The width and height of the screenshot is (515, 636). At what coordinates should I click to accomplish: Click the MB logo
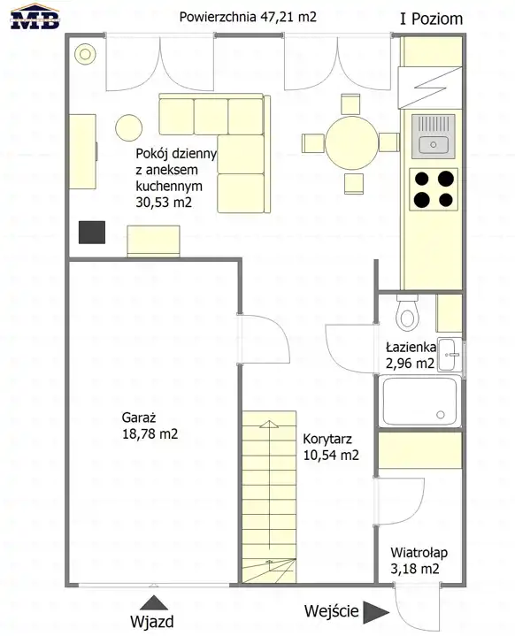coord(35,16)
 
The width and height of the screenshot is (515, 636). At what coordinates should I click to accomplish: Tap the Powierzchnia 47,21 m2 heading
coord(248,17)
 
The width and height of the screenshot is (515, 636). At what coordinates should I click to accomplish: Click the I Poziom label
coord(431,19)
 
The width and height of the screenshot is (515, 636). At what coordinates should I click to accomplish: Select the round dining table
coord(352,142)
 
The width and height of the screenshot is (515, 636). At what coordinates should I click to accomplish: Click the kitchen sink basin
coord(434,144)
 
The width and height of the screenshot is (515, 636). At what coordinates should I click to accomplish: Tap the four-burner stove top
coord(434,189)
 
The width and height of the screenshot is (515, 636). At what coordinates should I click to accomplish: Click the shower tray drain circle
coord(441,415)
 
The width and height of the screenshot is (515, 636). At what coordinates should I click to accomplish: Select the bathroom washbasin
coord(450,354)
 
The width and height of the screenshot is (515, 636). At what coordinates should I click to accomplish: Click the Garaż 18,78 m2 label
coord(150,425)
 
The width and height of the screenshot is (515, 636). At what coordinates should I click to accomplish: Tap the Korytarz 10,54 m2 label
coord(331,447)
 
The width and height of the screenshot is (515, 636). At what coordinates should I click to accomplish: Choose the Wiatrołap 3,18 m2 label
coord(419,561)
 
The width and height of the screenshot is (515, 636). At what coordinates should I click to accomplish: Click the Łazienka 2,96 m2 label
coord(411,356)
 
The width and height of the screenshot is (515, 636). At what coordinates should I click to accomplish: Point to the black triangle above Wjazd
coord(154,602)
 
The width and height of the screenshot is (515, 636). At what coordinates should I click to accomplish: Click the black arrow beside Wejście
coord(376,612)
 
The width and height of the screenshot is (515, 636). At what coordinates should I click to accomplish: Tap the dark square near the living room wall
coord(92,233)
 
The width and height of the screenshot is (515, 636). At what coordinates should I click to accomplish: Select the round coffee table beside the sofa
coord(128,127)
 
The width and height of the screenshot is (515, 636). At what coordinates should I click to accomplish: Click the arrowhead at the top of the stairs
coord(269,425)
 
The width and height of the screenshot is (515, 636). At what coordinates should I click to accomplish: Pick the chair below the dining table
coord(353,183)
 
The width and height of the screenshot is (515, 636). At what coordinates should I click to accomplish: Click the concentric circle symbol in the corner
coord(85,54)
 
